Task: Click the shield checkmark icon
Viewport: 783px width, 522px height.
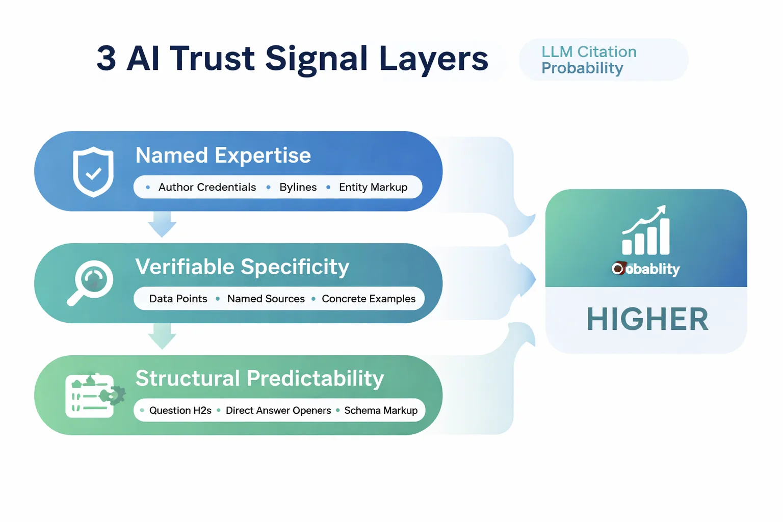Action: (93, 172)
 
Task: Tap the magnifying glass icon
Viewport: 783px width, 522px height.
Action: (91, 282)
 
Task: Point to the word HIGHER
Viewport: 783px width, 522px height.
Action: (647, 320)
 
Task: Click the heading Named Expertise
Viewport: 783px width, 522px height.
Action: (223, 155)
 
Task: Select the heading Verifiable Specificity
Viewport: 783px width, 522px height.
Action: (242, 267)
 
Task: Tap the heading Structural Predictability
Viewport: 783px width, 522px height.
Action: (259, 379)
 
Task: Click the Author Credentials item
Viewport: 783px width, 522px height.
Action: (207, 187)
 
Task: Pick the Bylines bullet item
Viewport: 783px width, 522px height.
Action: (298, 187)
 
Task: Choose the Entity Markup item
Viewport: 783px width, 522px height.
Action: (373, 187)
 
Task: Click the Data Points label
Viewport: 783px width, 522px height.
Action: (178, 299)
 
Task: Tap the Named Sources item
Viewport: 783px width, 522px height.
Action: (266, 299)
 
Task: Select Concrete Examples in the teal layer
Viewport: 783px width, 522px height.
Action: (369, 299)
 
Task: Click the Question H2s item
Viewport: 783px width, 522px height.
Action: (180, 410)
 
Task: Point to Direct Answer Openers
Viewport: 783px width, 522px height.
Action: (278, 410)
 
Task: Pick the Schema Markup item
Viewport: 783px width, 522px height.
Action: (380, 410)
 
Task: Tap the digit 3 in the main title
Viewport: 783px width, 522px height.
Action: (106, 58)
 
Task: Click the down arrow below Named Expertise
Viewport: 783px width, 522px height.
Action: (162, 225)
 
